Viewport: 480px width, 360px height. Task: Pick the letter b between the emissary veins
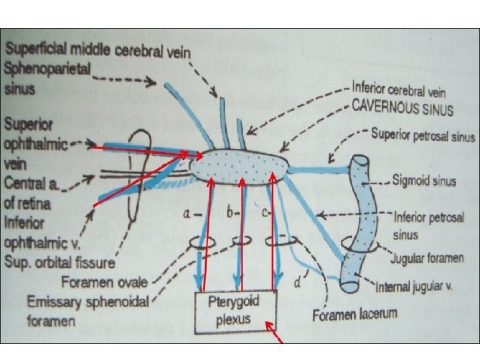(x=230, y=213)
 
